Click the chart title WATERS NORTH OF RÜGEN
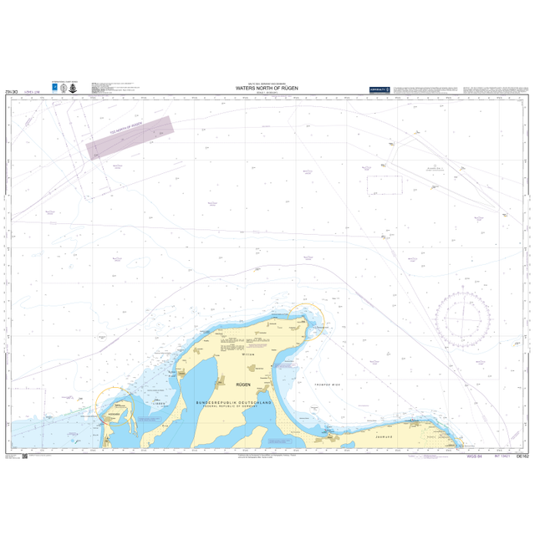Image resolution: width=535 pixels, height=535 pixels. point(267,88)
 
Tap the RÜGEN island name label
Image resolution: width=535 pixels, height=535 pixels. point(243,385)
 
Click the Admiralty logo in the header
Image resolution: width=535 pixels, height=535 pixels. point(380,89)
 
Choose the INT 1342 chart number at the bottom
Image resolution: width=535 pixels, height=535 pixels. point(502,456)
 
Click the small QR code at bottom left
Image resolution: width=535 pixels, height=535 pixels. point(24,456)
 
